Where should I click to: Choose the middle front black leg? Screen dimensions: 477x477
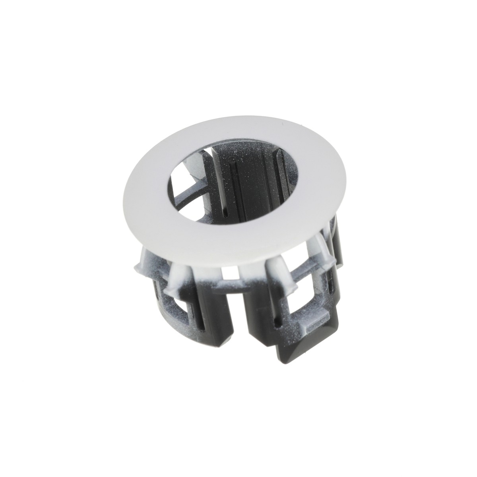click(x=262, y=322)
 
